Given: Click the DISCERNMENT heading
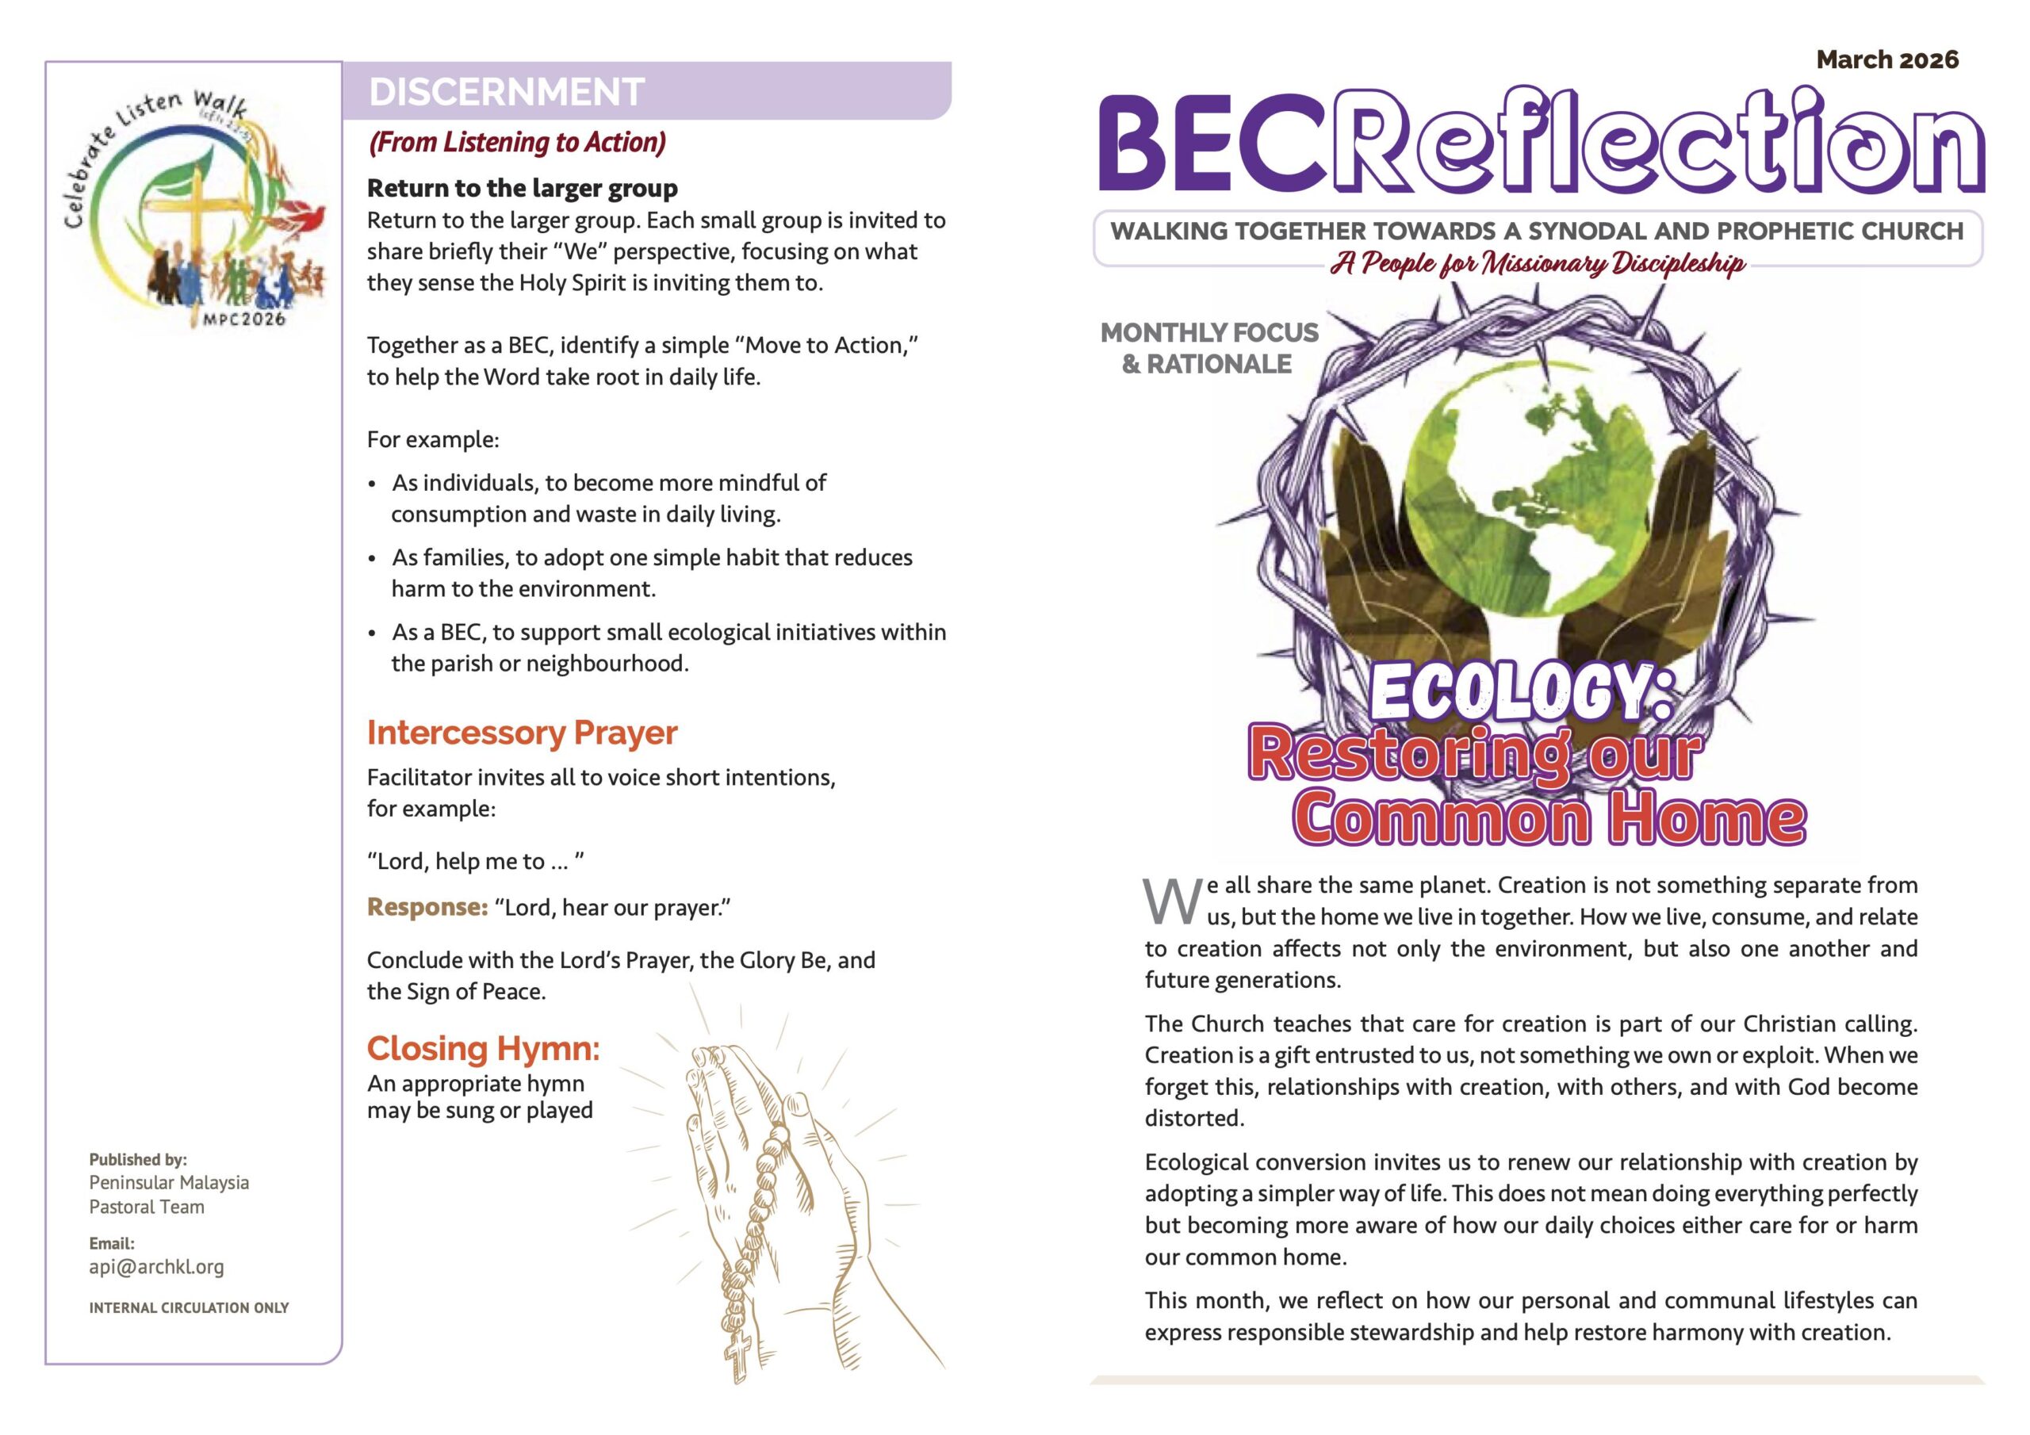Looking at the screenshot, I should click(x=506, y=92).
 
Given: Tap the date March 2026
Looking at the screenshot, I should click(x=1886, y=59).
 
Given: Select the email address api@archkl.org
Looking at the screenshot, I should click(x=156, y=1266).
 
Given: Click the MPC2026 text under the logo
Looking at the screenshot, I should click(x=244, y=318).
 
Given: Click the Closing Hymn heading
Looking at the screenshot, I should click(x=483, y=1048).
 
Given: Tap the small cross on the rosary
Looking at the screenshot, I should click(x=738, y=1353).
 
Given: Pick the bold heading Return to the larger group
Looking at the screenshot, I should click(x=522, y=189).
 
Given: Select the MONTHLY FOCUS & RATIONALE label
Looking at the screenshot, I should click(x=1208, y=347).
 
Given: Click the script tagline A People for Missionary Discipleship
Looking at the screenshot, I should click(x=1538, y=263).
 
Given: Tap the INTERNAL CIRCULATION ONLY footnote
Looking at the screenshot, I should click(x=188, y=1307).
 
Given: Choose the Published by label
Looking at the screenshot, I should click(x=138, y=1159).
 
